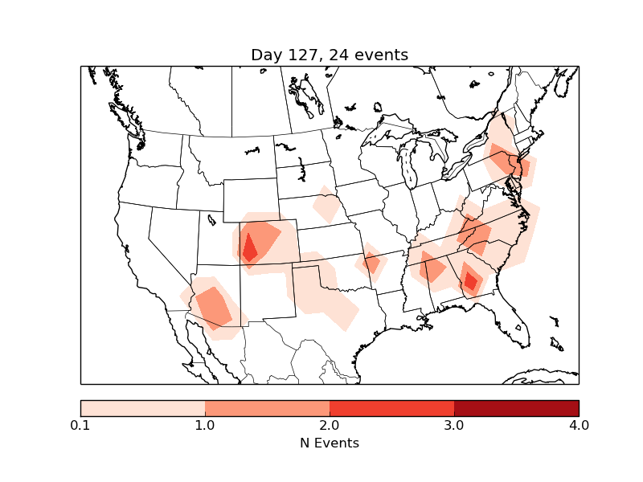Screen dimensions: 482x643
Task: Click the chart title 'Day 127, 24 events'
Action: click(x=330, y=55)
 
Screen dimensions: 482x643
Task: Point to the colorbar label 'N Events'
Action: click(x=330, y=443)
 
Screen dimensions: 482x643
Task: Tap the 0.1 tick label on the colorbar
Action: click(x=80, y=425)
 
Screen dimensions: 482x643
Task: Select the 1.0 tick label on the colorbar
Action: click(x=205, y=425)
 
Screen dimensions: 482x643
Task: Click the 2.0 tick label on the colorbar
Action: click(x=330, y=425)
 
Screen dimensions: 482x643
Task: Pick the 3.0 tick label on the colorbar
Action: click(x=454, y=425)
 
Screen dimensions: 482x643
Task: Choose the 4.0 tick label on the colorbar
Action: click(x=579, y=425)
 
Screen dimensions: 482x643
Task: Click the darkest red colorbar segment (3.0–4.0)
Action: click(x=516, y=407)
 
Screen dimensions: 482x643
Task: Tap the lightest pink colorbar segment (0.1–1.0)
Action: click(x=142, y=407)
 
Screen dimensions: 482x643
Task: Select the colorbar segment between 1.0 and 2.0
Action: click(x=267, y=407)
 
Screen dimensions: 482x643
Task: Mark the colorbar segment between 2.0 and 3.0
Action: click(x=391, y=407)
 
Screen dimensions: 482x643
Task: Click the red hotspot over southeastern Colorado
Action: click(x=249, y=247)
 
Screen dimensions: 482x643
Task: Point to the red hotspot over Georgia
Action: click(x=470, y=280)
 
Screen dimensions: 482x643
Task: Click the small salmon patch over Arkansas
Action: click(x=372, y=263)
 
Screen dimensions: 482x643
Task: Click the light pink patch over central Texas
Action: click(x=326, y=297)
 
